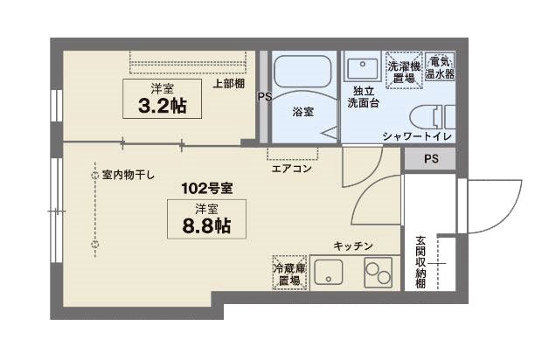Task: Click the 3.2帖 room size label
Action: point(162,106)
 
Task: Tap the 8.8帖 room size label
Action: point(207,225)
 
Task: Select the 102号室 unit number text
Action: point(207,188)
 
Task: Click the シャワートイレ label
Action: point(416,135)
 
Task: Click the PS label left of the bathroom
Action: point(263,97)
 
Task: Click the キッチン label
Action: point(354,246)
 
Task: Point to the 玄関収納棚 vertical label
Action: point(420,262)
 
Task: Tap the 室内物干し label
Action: point(129,175)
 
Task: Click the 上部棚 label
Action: point(228,85)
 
